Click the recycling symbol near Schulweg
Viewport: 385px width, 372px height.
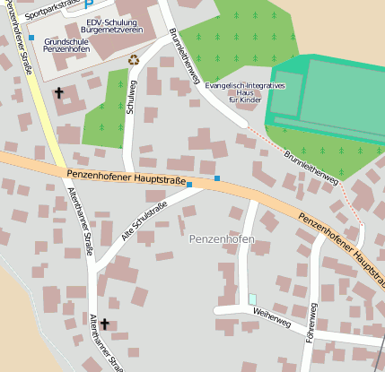pyautogui.click(x=135, y=59)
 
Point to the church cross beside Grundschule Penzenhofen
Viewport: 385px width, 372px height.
pyautogui.click(x=60, y=92)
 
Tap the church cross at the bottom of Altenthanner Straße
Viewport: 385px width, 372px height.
pyautogui.click(x=105, y=324)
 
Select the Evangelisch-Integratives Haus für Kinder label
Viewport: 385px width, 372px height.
pyautogui.click(x=244, y=92)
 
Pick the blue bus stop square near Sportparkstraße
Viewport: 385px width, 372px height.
pyautogui.click(x=31, y=38)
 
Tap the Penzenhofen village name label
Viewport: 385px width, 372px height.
pyautogui.click(x=222, y=240)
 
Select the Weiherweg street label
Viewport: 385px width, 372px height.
pyautogui.click(x=272, y=316)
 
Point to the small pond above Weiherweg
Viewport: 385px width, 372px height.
pyautogui.click(x=252, y=298)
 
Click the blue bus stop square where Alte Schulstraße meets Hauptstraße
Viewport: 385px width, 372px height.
pyautogui.click(x=189, y=184)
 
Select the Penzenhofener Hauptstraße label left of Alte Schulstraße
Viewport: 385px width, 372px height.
pyautogui.click(x=127, y=177)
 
